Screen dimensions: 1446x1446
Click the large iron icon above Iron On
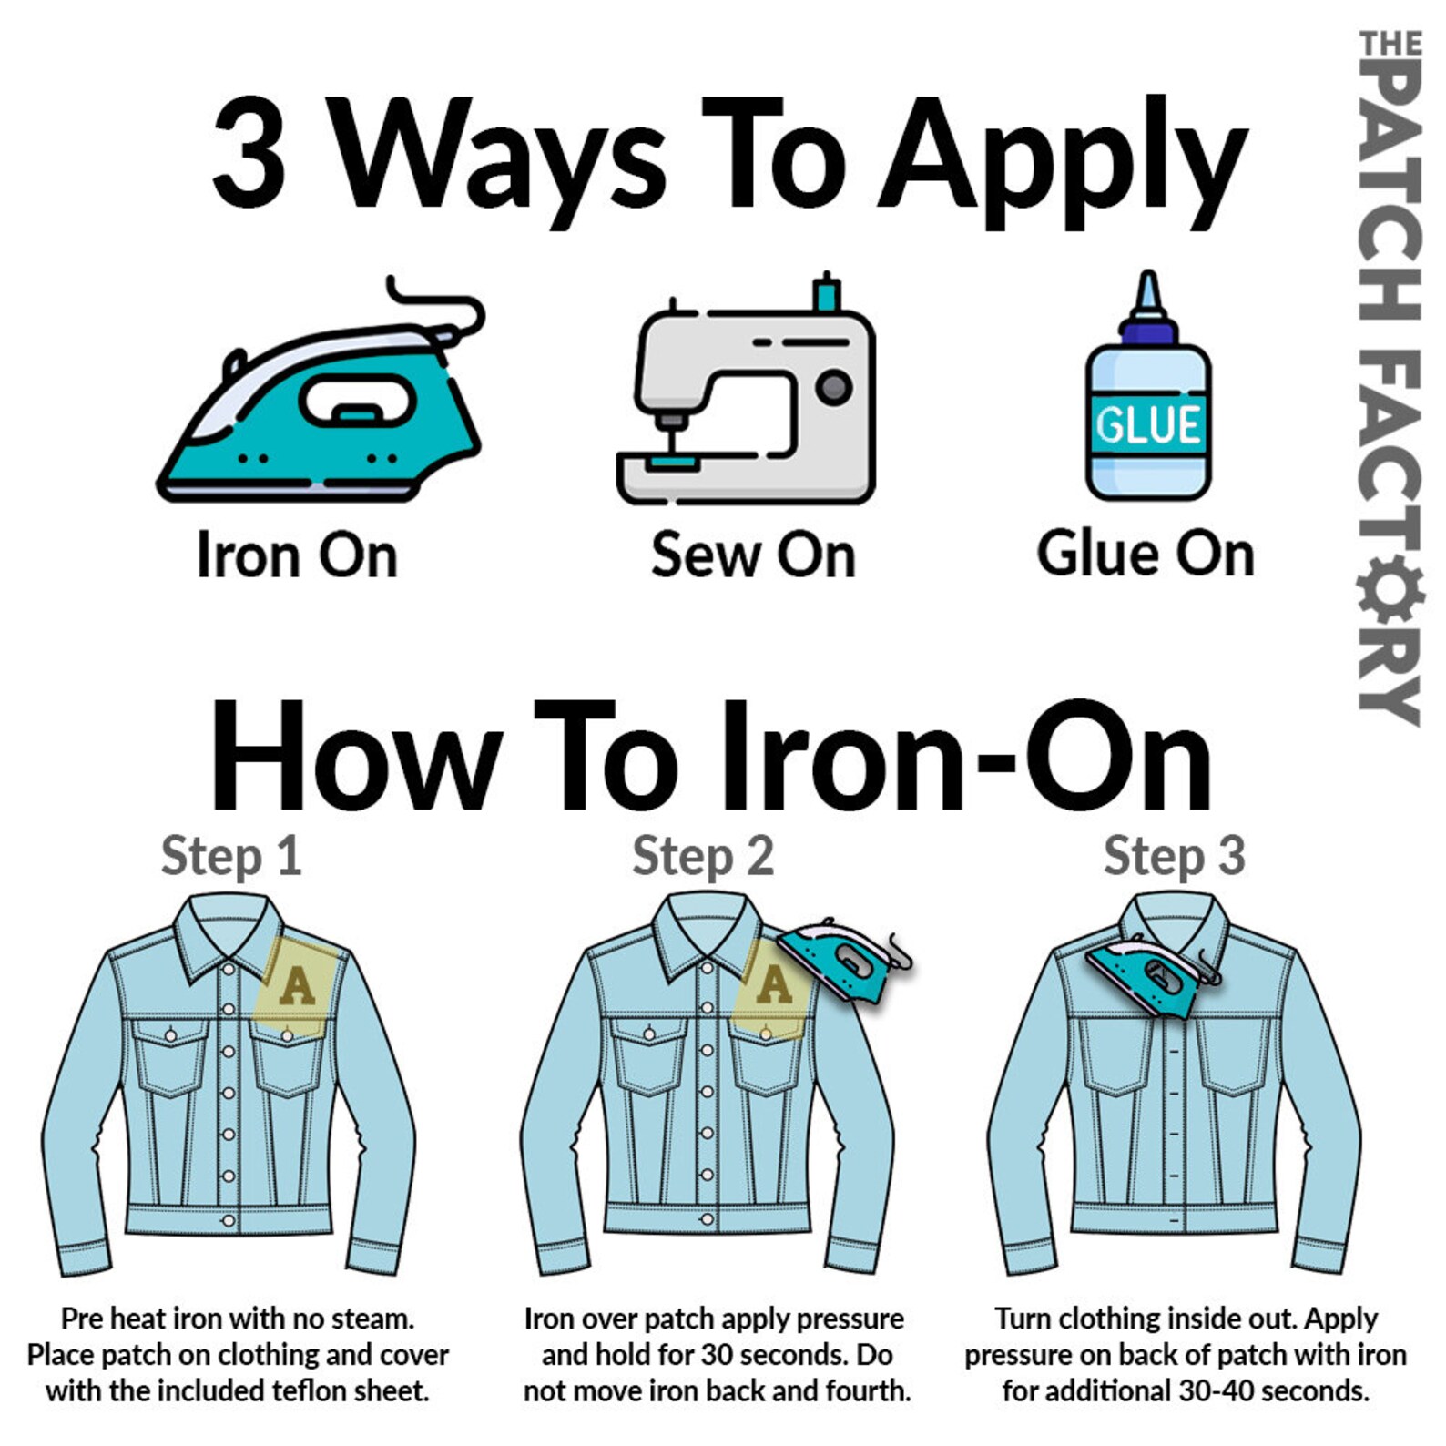pyautogui.click(x=321, y=392)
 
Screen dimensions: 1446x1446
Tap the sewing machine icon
pyautogui.click(x=747, y=390)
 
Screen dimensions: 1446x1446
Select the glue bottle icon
pyautogui.click(x=1147, y=386)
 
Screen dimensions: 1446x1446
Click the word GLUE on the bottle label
pyautogui.click(x=1148, y=424)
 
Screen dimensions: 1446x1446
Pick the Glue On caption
pyautogui.click(x=1146, y=553)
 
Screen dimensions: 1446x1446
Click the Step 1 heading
pyautogui.click(x=231, y=857)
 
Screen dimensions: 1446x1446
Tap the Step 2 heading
pyautogui.click(x=703, y=857)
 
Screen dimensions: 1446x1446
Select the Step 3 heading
pyautogui.click(x=1175, y=857)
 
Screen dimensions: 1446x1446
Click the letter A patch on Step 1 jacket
pyautogui.click(x=298, y=987)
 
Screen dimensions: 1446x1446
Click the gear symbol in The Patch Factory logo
pyautogui.click(x=1390, y=591)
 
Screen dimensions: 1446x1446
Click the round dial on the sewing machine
pyautogui.click(x=833, y=388)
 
